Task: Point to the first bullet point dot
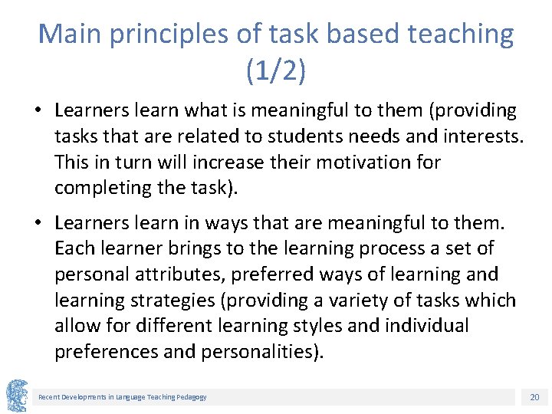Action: pos(37,111)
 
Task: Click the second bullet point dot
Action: pos(37,223)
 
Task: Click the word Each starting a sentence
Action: pos(74,248)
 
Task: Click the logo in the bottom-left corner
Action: pos(17,396)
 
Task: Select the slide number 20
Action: pos(534,396)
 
